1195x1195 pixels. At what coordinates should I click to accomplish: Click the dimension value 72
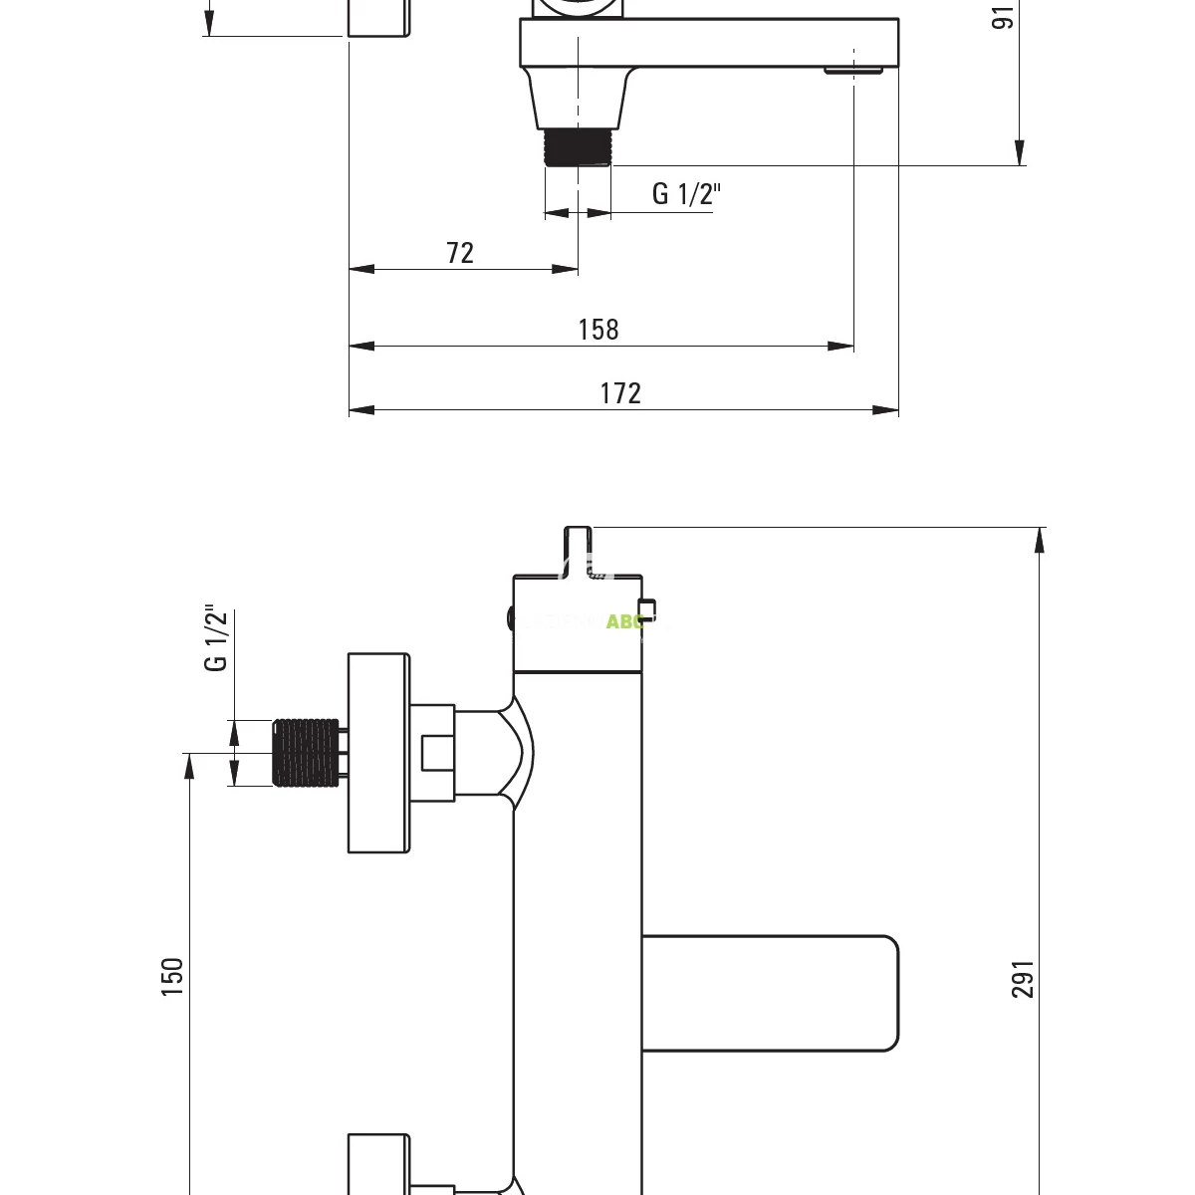[460, 253]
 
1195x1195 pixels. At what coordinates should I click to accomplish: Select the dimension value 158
[598, 330]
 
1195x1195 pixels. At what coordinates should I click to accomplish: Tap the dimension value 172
[620, 393]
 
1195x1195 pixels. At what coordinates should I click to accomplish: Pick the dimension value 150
[173, 977]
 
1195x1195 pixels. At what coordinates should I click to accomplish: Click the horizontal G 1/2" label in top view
[685, 194]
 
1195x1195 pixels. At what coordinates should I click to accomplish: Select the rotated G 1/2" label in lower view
[216, 639]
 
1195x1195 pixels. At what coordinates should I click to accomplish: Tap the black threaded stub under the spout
[578, 147]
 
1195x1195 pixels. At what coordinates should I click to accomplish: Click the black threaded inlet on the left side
[305, 752]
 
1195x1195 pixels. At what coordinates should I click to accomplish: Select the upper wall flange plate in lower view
[378, 753]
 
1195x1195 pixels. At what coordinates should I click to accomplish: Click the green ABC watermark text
[624, 621]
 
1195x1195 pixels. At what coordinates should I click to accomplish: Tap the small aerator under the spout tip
[853, 71]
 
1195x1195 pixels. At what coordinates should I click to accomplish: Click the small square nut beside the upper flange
[437, 752]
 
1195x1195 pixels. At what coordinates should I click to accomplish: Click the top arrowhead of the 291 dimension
[1040, 539]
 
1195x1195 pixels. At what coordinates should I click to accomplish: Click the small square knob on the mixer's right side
[647, 608]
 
